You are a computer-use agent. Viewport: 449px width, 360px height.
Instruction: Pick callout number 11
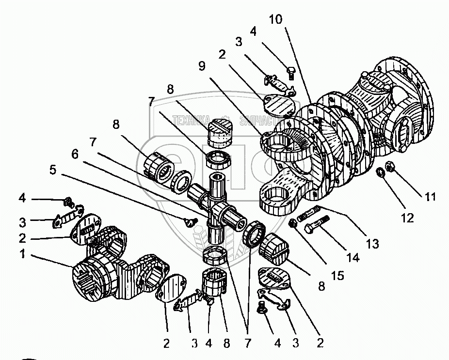point(430,197)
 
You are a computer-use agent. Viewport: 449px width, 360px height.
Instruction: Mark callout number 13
point(372,244)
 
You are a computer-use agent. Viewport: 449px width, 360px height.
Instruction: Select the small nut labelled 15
point(293,224)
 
